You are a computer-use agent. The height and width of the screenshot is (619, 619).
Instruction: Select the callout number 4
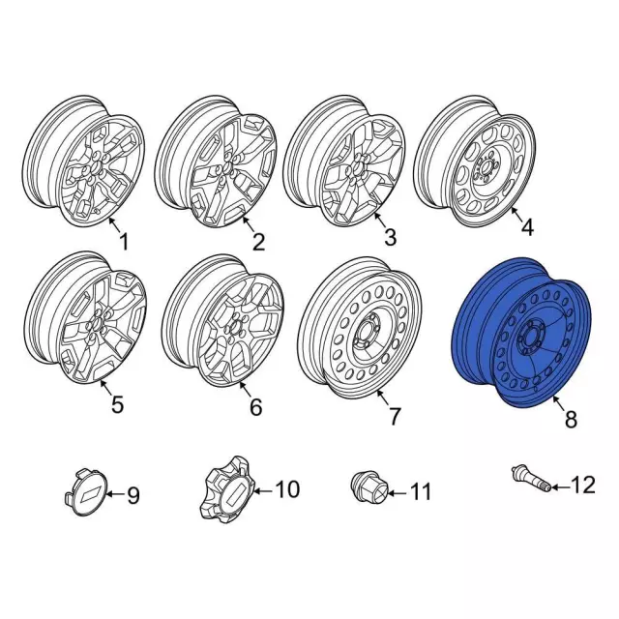coord(527,229)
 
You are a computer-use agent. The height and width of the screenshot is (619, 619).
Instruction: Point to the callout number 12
coord(584,485)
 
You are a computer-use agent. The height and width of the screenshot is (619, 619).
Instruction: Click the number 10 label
coord(288,489)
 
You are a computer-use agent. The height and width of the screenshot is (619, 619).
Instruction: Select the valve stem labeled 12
coord(530,479)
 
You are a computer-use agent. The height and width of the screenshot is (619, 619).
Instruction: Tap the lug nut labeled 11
coord(368,487)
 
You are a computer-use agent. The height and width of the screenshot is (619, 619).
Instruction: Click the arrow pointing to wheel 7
coord(379,398)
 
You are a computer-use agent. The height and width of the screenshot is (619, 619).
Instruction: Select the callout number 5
coord(117,405)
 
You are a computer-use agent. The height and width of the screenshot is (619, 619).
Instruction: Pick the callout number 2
coord(257,242)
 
